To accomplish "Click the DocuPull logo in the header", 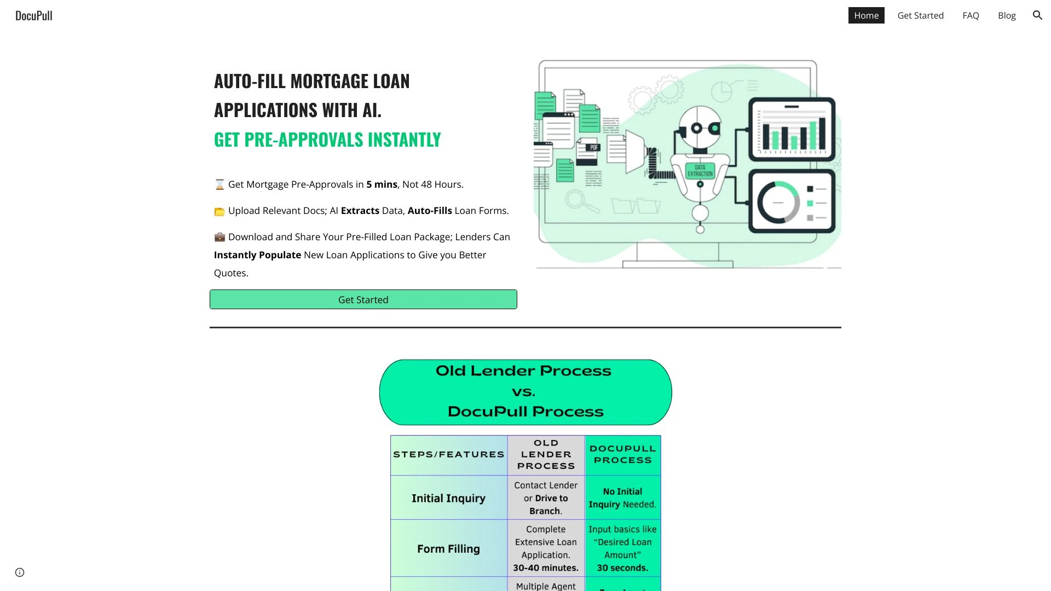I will tap(34, 16).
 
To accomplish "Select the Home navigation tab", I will tap(866, 15).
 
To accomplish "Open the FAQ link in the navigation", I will tap(971, 15).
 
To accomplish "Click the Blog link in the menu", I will tap(1007, 15).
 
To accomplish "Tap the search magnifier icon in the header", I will tap(1037, 15).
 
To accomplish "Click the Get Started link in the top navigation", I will tap(920, 15).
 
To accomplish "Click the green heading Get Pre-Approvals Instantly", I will tap(327, 140).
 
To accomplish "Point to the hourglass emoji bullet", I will tap(220, 184).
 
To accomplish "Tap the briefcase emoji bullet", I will tap(220, 237).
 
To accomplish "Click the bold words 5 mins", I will tap(382, 184).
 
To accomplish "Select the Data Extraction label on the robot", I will tap(700, 170).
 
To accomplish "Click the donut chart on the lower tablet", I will tap(778, 202).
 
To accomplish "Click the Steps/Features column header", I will tap(448, 455).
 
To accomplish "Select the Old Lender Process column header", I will tap(546, 455).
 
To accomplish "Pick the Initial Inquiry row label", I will tap(448, 498).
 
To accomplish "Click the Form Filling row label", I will tap(448, 549).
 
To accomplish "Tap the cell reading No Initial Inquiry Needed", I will tap(622, 498).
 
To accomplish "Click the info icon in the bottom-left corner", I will tap(20, 572).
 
